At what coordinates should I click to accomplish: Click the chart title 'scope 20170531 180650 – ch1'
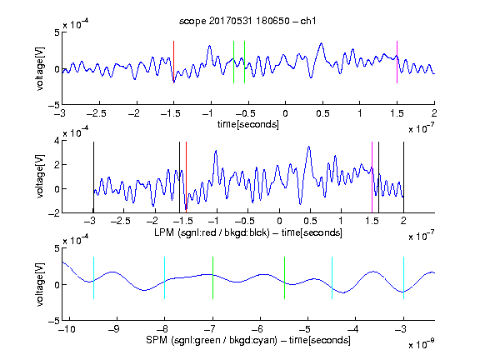(x=247, y=21)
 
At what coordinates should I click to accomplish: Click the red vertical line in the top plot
(x=174, y=62)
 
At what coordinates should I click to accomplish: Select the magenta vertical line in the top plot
(x=397, y=62)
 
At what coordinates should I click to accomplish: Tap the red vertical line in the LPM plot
(x=186, y=177)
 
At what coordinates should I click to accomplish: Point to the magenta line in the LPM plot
(x=372, y=177)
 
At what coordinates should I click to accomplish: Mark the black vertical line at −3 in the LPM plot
(x=93, y=177)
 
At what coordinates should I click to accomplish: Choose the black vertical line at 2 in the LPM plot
(x=403, y=177)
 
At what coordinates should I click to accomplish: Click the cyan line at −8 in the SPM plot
(x=165, y=277)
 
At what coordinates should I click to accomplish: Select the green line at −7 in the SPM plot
(x=212, y=277)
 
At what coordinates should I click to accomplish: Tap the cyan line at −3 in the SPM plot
(x=403, y=277)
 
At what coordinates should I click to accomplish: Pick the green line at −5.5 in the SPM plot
(x=284, y=277)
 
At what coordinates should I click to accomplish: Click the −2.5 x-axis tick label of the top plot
(x=97, y=113)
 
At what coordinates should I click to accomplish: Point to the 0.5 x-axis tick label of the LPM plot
(x=310, y=221)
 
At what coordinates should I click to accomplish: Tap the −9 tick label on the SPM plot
(x=114, y=329)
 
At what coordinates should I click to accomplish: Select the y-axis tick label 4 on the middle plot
(x=57, y=141)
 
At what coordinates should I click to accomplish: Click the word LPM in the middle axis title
(x=164, y=232)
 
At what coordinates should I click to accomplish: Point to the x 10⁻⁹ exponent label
(x=421, y=345)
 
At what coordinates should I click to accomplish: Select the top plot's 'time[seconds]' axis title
(x=248, y=124)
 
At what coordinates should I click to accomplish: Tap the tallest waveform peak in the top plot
(x=321, y=43)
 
